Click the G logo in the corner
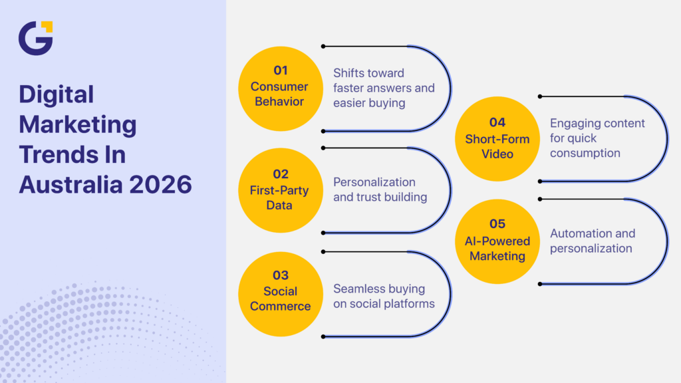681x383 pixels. coord(35,38)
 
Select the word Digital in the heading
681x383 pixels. coord(56,94)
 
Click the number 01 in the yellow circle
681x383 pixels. coord(280,70)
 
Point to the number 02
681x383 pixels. coord(280,174)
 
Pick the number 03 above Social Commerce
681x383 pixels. coord(280,275)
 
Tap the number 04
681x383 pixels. coord(497,122)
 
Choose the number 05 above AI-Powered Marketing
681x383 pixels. coord(497,224)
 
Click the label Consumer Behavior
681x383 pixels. coord(279,94)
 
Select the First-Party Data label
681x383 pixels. coord(279,198)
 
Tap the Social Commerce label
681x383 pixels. coord(279,299)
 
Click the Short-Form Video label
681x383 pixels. coord(497,146)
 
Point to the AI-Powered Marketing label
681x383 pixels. coord(497,248)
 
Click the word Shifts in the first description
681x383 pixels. coord(349,73)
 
